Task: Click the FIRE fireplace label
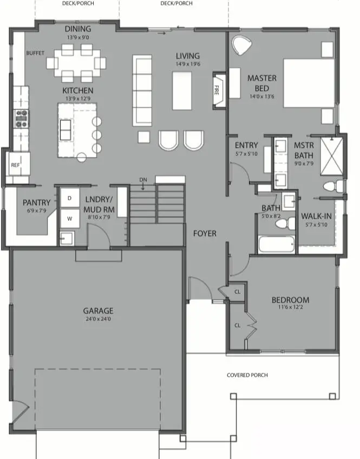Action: tap(218, 89)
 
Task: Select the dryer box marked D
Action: tap(69, 198)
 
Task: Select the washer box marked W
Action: tap(69, 219)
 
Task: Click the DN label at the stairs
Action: tap(143, 179)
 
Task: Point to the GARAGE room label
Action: tap(98, 311)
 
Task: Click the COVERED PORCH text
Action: tap(247, 375)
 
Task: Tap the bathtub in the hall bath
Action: tap(276, 244)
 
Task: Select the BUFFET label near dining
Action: tap(35, 53)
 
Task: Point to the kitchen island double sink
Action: tap(66, 129)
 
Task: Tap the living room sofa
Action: tap(142, 90)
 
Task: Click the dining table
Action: tap(76, 62)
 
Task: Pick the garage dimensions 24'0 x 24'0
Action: tap(98, 319)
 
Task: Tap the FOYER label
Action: tap(205, 234)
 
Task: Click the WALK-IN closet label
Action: tap(316, 217)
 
